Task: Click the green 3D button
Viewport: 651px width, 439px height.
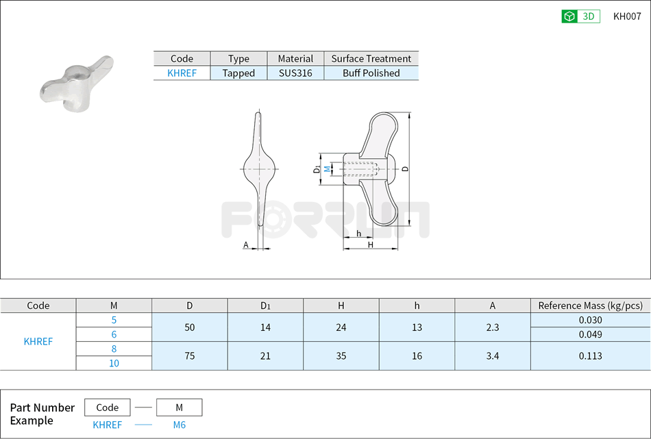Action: coord(580,17)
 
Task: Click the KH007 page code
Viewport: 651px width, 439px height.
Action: coord(626,17)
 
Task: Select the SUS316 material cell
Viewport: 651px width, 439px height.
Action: coord(295,73)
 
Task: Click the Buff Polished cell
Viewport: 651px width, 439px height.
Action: coord(371,73)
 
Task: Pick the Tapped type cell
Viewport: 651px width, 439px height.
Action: coord(238,73)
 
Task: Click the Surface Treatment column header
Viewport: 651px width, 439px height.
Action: coord(371,59)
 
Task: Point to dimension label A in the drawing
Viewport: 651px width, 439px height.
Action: coord(245,244)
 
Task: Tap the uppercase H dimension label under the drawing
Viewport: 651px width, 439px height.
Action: coord(370,244)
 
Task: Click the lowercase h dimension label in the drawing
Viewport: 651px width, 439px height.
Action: coord(359,234)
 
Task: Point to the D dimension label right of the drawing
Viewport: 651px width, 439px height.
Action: coord(405,168)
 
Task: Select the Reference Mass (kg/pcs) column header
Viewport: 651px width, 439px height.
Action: coord(590,306)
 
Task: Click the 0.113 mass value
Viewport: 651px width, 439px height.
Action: coord(590,356)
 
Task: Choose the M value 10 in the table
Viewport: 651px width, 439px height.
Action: coord(114,364)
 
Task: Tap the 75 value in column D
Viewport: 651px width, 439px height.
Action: coord(190,356)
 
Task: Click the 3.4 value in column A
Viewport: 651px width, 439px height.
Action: coord(492,356)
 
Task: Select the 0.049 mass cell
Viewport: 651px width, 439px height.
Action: coord(590,335)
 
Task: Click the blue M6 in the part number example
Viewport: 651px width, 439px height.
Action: coord(179,425)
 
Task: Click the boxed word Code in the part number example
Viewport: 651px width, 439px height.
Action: coord(107,407)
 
